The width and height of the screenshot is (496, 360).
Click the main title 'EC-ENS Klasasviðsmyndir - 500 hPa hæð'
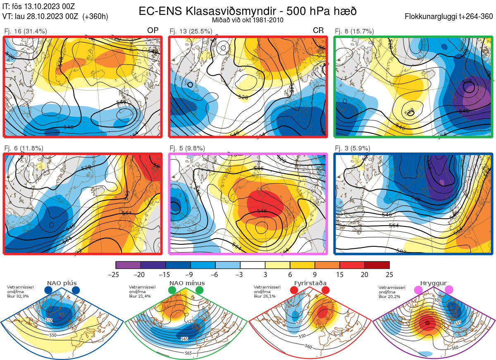point(248,11)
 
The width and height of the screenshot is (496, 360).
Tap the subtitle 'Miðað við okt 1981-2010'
point(248,20)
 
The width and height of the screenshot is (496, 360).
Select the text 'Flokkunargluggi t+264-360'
point(450,17)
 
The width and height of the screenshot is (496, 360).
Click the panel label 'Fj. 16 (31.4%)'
point(25,31)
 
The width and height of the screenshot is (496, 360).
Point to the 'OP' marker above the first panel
point(153,31)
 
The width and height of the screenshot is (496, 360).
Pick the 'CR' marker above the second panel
point(318,31)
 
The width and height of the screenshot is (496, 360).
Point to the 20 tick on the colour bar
point(365,274)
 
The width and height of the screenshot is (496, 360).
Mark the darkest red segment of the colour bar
point(377,265)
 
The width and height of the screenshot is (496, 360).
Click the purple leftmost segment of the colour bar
point(128,265)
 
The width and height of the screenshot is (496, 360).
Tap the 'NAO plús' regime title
point(62,283)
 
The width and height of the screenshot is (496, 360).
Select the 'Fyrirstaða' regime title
point(310,283)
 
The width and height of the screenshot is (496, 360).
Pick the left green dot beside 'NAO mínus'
point(172,290)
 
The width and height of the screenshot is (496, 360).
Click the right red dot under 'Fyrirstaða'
point(325,290)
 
